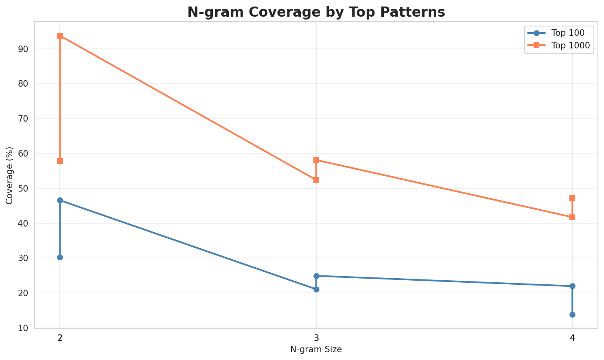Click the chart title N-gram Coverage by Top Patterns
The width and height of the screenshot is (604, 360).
tap(316, 12)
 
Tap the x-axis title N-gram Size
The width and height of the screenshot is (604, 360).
tap(316, 349)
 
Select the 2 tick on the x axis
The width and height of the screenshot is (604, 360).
tap(60, 338)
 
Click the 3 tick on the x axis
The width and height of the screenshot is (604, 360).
tap(316, 338)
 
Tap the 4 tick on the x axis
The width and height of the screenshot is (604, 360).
tap(572, 338)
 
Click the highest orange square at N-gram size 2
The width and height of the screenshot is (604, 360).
tap(60, 36)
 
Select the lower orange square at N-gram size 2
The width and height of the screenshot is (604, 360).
tap(60, 161)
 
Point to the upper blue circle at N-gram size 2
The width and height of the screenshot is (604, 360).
tap(60, 200)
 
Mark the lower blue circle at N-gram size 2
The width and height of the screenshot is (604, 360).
tap(60, 257)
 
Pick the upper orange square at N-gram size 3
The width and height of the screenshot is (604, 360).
tap(316, 160)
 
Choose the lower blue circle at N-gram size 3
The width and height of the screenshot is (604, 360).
tap(316, 289)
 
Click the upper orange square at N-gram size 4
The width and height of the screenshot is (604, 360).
tap(572, 198)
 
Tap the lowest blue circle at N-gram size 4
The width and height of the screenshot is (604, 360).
tap(572, 314)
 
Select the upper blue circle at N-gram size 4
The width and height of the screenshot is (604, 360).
tap(572, 286)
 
